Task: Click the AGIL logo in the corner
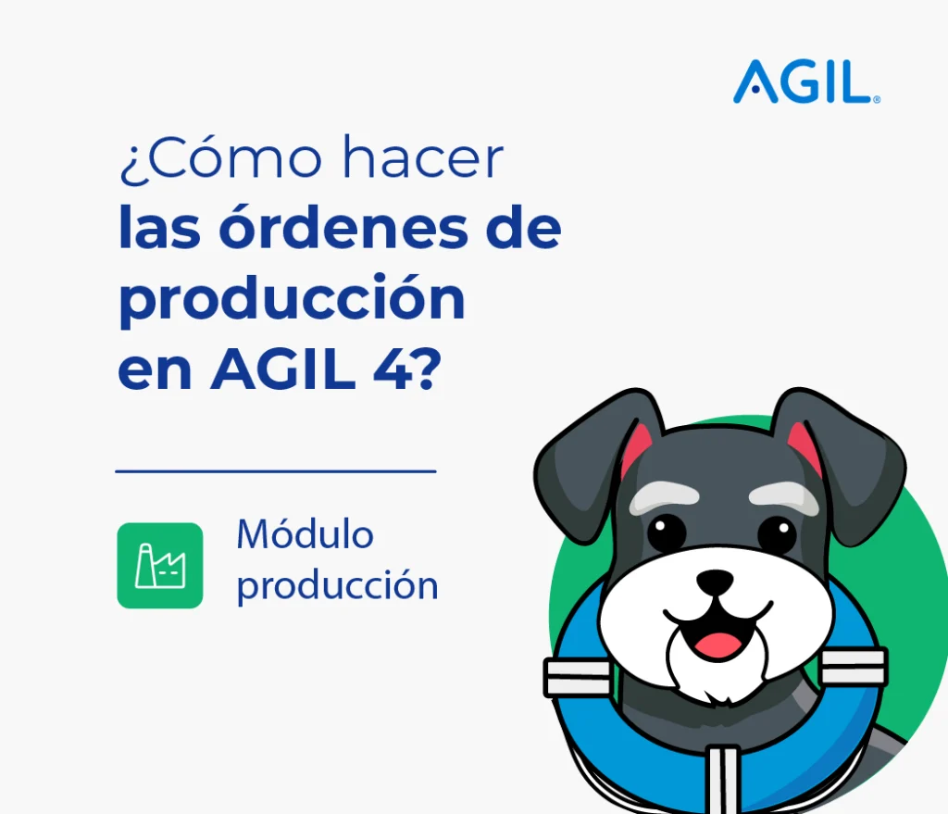pos(806,81)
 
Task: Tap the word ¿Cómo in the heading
pos(221,158)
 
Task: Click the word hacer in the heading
pos(422,157)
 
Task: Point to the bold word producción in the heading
pos(292,297)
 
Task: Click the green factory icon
pos(159,566)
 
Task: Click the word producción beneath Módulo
pos(337,586)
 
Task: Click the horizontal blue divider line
pos(276,471)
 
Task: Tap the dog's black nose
pos(715,582)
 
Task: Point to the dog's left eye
pos(667,532)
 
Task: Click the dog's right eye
pos(777,534)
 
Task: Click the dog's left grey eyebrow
pos(664,497)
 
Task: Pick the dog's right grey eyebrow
pos(783,497)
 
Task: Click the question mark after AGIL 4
pos(428,368)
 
